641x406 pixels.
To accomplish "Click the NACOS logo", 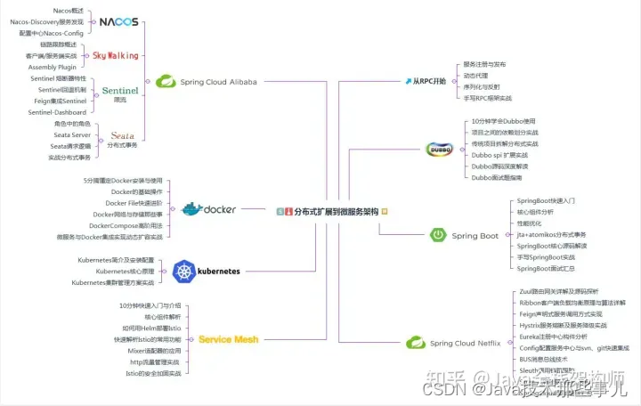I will [118, 21].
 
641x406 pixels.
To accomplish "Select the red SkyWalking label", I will [116, 55].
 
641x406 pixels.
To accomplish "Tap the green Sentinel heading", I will [120, 90].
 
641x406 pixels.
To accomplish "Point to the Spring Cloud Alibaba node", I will [207, 82].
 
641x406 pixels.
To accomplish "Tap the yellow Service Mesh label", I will [228, 339].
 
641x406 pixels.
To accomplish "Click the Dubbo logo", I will [440, 149].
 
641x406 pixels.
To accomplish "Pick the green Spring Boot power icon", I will [438, 235].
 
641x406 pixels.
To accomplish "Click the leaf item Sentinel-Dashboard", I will [57, 112].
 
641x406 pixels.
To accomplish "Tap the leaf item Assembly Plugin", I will [54, 67].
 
